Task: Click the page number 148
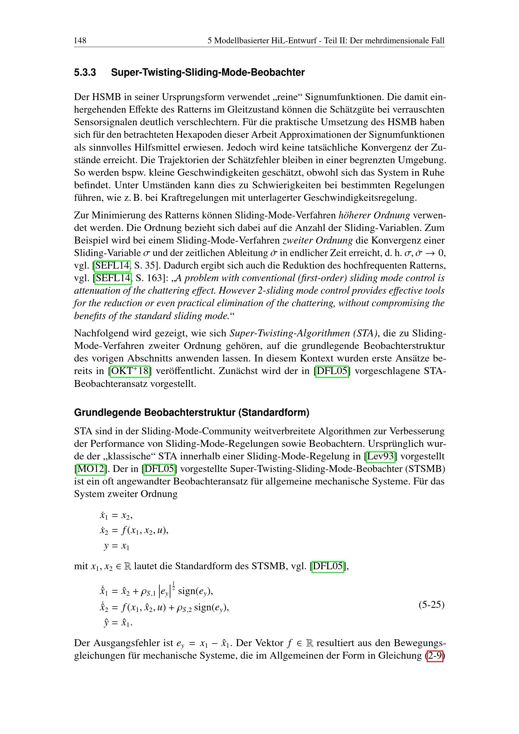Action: click(x=80, y=40)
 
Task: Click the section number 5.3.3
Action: click(x=85, y=72)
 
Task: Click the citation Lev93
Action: click(x=380, y=456)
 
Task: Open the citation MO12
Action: click(x=91, y=469)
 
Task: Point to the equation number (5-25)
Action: click(x=431, y=604)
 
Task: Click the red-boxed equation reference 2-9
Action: click(x=435, y=655)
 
